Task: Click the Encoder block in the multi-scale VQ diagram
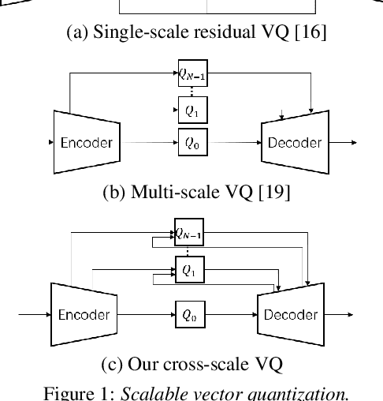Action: tap(86, 143)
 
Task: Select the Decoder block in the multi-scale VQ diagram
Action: tap(294, 143)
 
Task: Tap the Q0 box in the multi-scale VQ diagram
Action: tap(191, 143)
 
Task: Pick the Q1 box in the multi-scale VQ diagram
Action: tap(191, 111)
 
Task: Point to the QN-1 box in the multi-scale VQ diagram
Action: tap(191, 75)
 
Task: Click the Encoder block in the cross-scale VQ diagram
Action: tap(84, 314)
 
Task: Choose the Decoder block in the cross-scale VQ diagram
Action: tap(290, 314)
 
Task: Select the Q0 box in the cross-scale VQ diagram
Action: tap(188, 314)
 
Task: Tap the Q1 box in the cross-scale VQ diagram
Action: tap(188, 269)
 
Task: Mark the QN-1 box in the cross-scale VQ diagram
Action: tap(188, 232)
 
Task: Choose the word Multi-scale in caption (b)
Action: tap(158, 192)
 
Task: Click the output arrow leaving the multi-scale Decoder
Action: tap(342, 143)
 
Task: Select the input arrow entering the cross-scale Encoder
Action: tap(33, 314)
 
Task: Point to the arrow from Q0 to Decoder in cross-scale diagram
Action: tap(229, 314)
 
